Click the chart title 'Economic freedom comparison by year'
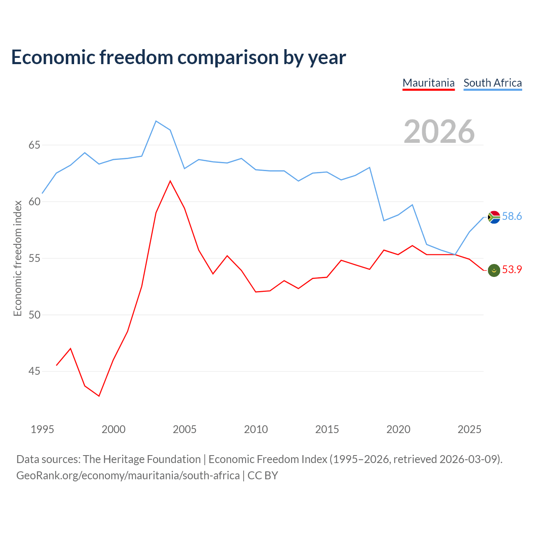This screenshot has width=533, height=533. pos(178,57)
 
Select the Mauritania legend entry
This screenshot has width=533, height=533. pos(428,83)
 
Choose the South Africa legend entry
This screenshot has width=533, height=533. pos(493,83)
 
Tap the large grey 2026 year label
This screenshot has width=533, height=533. pos(439,132)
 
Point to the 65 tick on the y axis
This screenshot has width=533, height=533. pos(35,145)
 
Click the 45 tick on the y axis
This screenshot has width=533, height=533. pos(35,371)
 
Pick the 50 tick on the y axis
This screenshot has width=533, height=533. pos(35,315)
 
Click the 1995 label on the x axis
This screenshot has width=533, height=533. pos(42,429)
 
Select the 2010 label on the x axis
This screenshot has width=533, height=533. pos(256,429)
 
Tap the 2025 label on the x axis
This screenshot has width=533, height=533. pos(469,429)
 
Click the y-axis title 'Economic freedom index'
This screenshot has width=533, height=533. pos(18,258)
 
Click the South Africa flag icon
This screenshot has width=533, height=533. pos(494,217)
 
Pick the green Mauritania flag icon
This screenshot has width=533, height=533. pos(494,270)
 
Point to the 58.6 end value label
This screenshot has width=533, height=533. pos(512,216)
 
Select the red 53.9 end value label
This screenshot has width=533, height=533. pos(512,269)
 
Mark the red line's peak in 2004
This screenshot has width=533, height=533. pos(170,181)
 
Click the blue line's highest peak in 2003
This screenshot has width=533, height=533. pos(156,121)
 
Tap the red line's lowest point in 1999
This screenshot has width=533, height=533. pos(99,396)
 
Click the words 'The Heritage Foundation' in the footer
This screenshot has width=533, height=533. pos(142,459)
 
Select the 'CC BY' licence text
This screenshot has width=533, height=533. pos(262,476)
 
